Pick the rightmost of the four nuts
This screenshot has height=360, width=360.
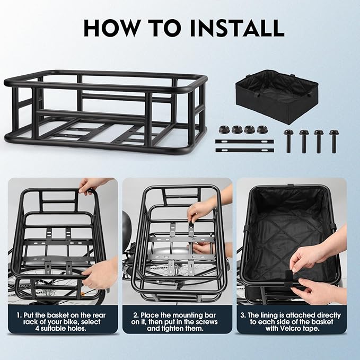click(261, 129)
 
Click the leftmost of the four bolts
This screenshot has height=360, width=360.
click(289, 141)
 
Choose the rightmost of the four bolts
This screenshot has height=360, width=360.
click(333, 141)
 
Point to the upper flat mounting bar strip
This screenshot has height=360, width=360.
click(244, 142)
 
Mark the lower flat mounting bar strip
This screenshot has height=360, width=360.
click(244, 150)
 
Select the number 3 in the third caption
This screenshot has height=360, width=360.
click(244, 315)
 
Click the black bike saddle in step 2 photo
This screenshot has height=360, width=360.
click(128, 231)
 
